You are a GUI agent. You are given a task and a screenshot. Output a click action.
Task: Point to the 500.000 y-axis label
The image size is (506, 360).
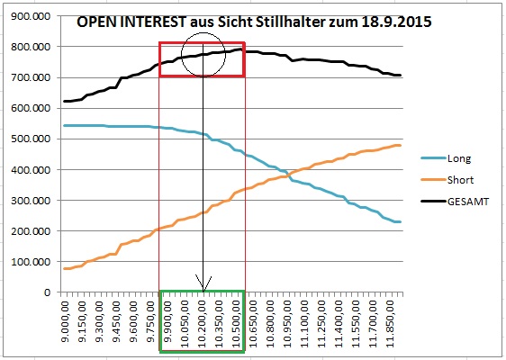tap(30, 139)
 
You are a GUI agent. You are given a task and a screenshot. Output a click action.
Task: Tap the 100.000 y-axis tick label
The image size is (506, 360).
tap(30, 262)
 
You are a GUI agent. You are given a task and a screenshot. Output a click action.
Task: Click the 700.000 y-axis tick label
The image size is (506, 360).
tap(30, 78)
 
